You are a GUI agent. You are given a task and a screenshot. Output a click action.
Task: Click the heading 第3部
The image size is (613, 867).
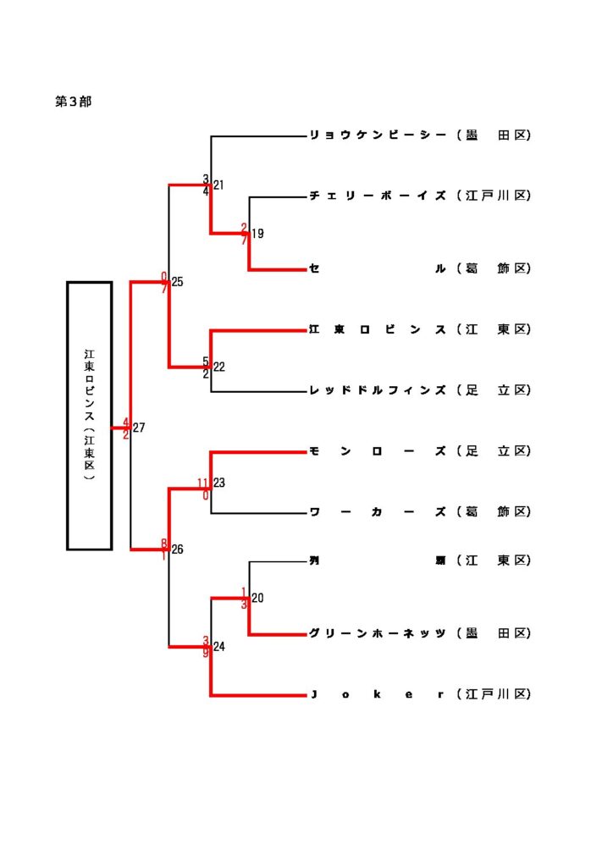click(74, 102)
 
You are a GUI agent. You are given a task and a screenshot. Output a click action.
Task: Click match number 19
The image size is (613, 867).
click(257, 235)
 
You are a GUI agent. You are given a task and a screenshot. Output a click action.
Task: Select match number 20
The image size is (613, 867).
click(257, 599)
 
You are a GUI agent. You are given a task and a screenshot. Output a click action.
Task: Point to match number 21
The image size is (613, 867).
click(218, 185)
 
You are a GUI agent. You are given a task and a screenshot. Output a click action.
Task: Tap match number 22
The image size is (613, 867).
click(218, 367)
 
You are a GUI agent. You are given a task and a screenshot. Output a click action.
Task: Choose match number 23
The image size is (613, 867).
click(218, 483)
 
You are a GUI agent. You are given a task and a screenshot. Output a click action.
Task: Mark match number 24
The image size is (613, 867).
click(218, 648)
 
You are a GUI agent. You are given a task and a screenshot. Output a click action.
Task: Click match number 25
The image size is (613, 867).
click(177, 283)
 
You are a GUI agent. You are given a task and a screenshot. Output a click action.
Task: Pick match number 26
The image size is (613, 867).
click(177, 550)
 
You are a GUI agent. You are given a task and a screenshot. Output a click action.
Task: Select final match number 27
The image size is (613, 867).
click(139, 428)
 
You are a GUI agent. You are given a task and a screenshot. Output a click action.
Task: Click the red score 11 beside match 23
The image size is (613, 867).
click(203, 483)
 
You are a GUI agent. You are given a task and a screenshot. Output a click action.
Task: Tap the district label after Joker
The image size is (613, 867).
click(494, 695)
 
